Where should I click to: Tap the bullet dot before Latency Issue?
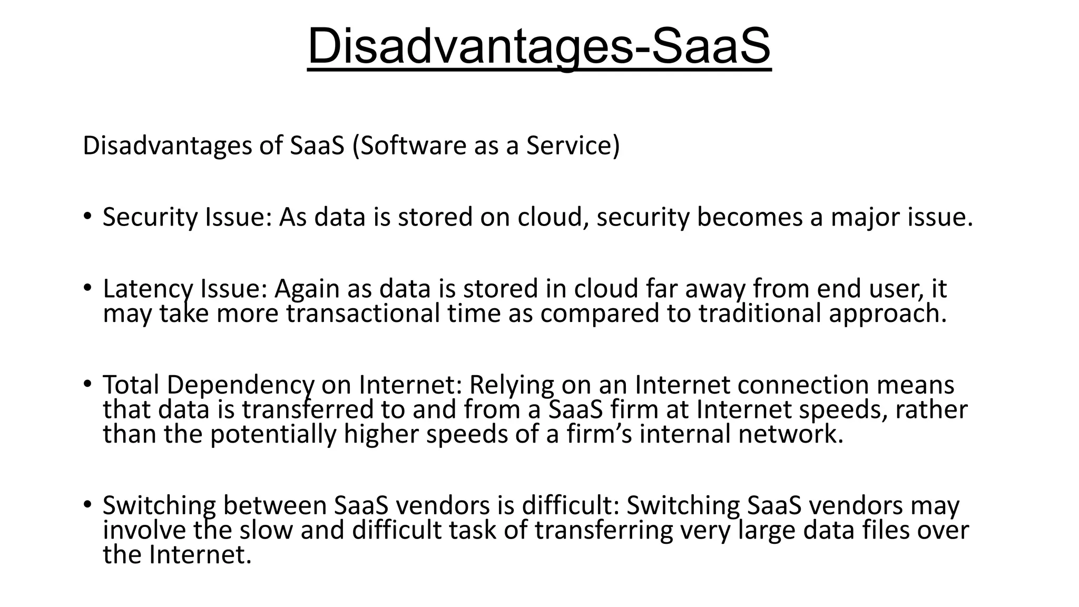pyautogui.click(x=87, y=287)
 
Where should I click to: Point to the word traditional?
pyautogui.click(x=760, y=314)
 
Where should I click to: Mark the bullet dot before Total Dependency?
pyautogui.click(x=87, y=384)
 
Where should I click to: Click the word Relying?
pyautogui.click(x=512, y=385)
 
